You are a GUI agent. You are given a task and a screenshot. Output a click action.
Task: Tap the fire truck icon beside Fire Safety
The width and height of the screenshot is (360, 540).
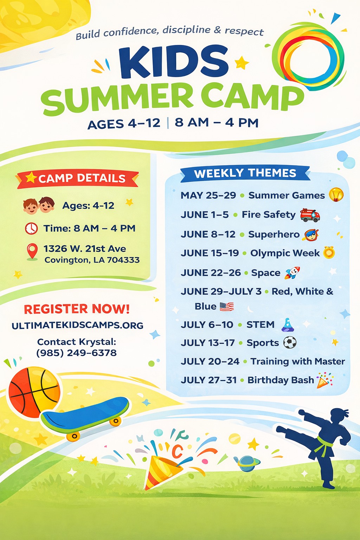[x=310, y=215]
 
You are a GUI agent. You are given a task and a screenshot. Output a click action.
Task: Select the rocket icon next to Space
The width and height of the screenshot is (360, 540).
[x=292, y=273]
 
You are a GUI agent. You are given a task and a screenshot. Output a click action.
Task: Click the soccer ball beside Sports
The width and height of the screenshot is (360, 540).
[x=290, y=342]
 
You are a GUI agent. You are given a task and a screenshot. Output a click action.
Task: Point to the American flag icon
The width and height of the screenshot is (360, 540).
[x=227, y=307]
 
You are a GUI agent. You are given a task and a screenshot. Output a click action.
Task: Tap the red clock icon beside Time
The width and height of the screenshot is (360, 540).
[x=31, y=228]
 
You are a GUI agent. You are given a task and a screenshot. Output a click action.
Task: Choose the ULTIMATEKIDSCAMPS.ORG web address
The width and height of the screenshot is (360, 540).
[x=77, y=326]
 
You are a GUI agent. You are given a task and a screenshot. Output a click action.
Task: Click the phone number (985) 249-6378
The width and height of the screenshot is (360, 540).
[x=76, y=353]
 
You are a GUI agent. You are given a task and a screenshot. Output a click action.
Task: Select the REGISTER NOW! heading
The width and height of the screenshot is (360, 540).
[x=77, y=309]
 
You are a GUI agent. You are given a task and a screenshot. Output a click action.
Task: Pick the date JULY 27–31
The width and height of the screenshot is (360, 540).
[x=208, y=380]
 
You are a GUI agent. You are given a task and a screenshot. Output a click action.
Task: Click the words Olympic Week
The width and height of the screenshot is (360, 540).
[x=285, y=253]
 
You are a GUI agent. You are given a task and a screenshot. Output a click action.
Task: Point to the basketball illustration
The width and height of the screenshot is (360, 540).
[x=34, y=392]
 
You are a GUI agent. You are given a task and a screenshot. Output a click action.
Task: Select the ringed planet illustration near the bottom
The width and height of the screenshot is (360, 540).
[x=247, y=463]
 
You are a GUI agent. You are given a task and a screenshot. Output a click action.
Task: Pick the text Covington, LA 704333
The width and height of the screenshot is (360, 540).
[x=92, y=260]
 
